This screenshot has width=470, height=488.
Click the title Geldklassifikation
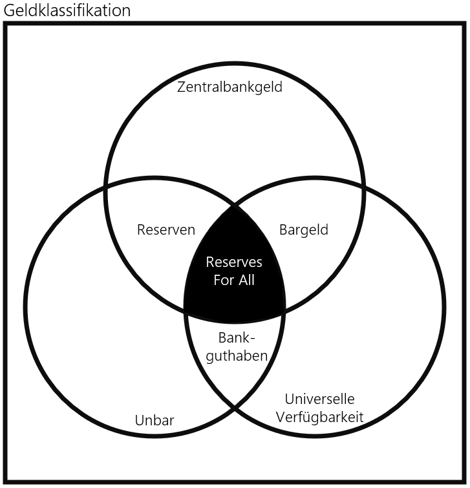(67, 10)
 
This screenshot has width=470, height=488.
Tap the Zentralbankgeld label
(230, 87)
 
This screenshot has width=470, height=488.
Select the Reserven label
(166, 229)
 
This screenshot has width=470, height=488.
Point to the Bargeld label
(304, 229)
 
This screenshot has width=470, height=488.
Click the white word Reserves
(234, 262)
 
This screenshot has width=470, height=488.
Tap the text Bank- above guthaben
(237, 337)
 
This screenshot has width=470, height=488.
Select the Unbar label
(155, 421)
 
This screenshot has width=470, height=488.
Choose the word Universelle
(319, 399)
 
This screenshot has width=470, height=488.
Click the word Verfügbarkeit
(319, 417)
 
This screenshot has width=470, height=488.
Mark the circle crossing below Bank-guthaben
(235, 408)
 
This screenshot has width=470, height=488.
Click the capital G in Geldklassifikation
(10, 10)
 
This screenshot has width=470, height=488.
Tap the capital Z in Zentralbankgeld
(182, 87)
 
